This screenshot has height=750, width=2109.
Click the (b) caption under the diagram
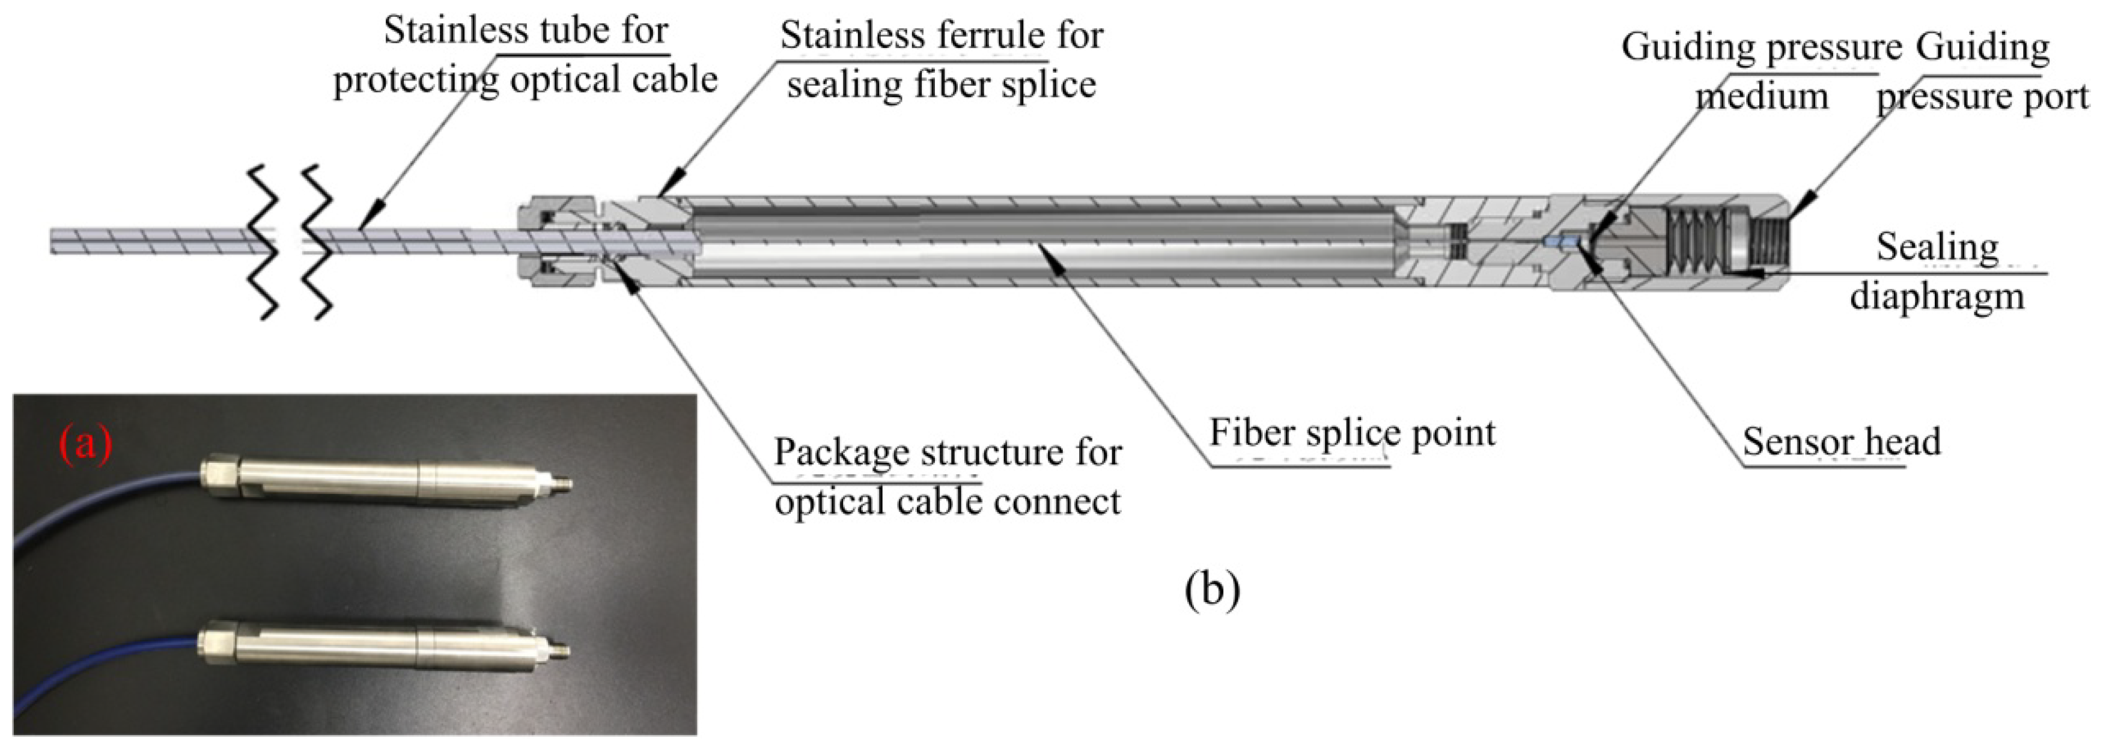pyautogui.click(x=1212, y=589)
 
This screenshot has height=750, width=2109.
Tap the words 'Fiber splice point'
pyautogui.click(x=1352, y=432)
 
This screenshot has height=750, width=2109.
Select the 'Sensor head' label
pyautogui.click(x=1841, y=441)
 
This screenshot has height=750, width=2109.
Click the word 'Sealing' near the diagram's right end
pyautogui.click(x=1937, y=246)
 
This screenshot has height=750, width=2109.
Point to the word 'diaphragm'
pyautogui.click(x=1937, y=296)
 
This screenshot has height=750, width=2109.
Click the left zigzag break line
pyautogui.click(x=264, y=242)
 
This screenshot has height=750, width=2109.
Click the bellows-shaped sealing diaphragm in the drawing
pyautogui.click(x=1695, y=242)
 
